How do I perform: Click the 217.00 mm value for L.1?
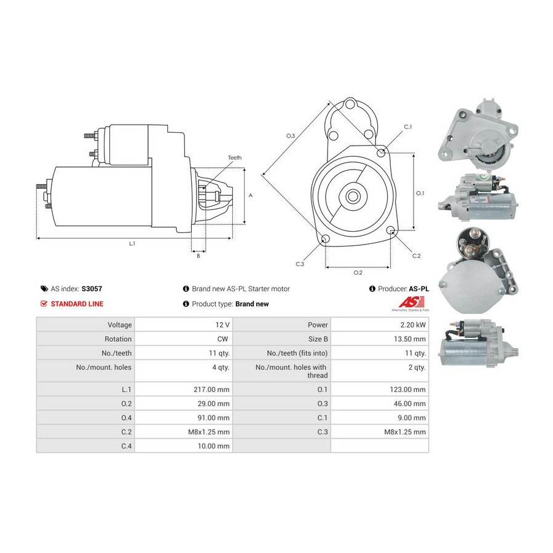point(212,390)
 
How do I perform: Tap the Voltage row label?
point(119,324)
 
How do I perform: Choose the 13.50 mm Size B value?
point(410,339)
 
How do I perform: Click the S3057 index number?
point(92,288)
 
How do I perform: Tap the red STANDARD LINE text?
point(77,304)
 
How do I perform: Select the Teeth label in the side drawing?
point(235,158)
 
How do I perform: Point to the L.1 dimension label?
point(131,244)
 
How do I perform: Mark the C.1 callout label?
point(407,127)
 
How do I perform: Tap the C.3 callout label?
point(300,264)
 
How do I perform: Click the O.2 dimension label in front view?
point(358,272)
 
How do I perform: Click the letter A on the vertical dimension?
point(251,195)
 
